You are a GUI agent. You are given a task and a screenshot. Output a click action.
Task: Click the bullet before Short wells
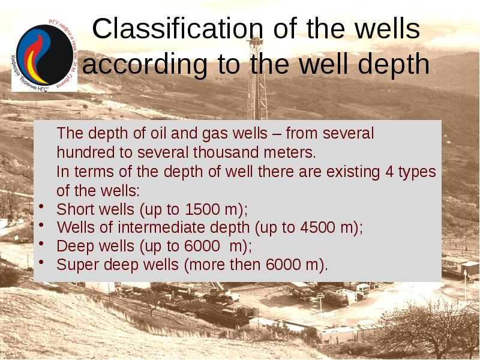(x=41, y=207)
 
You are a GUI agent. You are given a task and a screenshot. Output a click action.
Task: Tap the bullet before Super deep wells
(x=41, y=262)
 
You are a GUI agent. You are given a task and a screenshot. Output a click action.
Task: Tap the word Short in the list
(x=73, y=210)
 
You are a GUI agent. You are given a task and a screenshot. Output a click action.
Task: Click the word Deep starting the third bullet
(x=72, y=246)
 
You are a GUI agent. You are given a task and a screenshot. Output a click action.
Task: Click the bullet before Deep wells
(x=41, y=244)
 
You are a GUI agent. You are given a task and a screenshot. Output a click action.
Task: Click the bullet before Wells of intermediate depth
(x=41, y=225)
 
